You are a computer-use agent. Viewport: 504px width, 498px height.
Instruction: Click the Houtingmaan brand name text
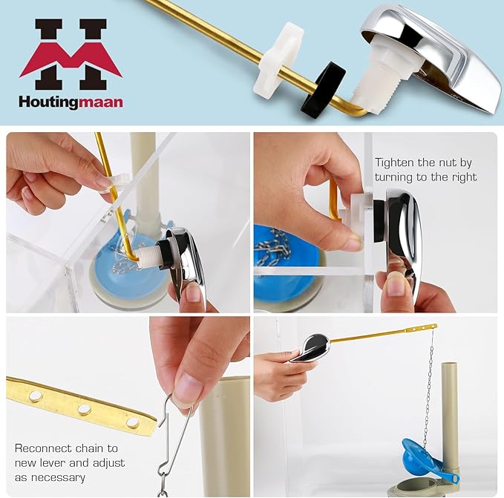tap(71, 102)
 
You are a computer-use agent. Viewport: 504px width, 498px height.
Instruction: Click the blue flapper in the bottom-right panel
tap(423, 453)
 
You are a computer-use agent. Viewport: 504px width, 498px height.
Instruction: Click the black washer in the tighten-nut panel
tap(379, 220)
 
